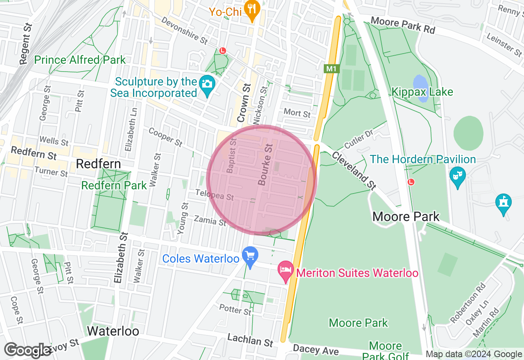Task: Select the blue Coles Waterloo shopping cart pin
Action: (x=250, y=256)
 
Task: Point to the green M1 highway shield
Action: (x=331, y=69)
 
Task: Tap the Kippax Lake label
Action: (x=422, y=92)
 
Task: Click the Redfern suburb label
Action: (x=98, y=164)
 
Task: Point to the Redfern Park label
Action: (x=114, y=185)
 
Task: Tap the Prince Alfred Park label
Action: (x=80, y=60)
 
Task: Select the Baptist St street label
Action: (x=232, y=155)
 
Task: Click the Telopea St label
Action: (x=215, y=195)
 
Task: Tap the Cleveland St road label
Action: (x=354, y=171)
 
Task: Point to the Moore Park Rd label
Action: (x=402, y=25)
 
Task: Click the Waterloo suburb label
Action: (x=113, y=331)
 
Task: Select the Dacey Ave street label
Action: (x=316, y=350)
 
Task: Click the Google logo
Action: (x=27, y=350)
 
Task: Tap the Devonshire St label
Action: (x=184, y=30)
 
